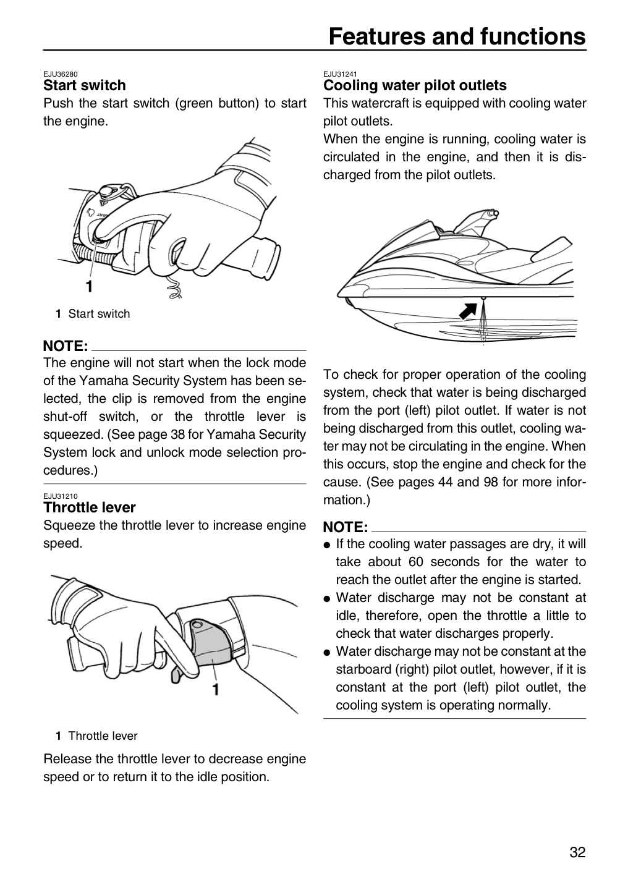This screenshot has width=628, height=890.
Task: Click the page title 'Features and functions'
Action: coord(457,36)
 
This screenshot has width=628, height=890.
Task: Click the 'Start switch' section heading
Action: coord(84,85)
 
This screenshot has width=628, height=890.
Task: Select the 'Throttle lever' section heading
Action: coord(90,507)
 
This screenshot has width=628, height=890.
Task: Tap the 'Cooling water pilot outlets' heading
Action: coord(415,85)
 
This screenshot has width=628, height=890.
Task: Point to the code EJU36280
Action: coord(61,74)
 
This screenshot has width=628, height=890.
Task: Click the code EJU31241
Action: coord(340,74)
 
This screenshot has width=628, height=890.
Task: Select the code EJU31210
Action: coord(61,496)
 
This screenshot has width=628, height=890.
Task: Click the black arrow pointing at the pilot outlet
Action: coord(468,311)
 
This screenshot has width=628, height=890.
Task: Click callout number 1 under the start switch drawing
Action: coord(90,286)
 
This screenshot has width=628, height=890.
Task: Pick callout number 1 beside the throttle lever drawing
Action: coord(216,689)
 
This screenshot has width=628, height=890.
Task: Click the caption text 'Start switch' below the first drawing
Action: coord(99,313)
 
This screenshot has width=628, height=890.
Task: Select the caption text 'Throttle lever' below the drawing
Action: coord(103,736)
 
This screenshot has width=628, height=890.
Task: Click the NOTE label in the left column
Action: coord(66,346)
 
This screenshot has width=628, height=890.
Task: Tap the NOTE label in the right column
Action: coord(346,527)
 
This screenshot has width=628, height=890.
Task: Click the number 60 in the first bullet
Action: coord(416,562)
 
